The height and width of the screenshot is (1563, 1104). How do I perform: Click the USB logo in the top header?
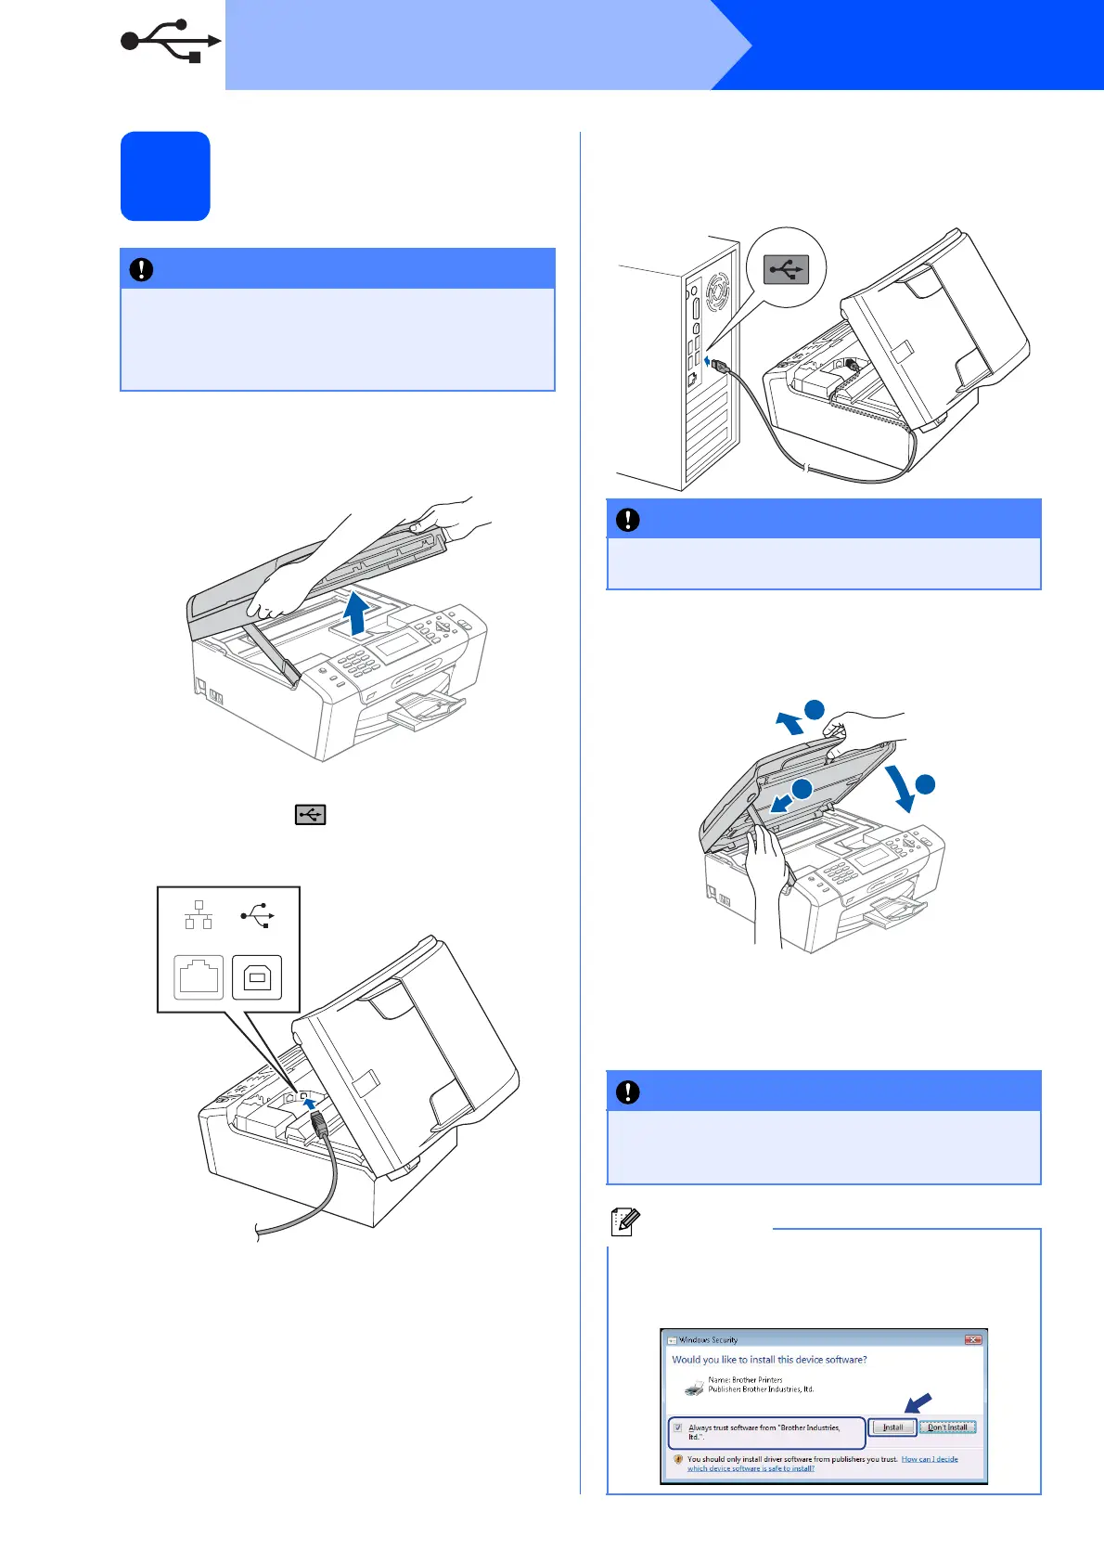[171, 42]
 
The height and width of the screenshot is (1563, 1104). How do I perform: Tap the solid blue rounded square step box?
[165, 176]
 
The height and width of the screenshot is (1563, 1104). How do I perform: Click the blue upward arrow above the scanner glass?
[355, 614]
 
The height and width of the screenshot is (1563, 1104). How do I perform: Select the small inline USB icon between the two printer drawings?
[310, 815]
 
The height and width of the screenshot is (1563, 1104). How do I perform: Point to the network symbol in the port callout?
[199, 915]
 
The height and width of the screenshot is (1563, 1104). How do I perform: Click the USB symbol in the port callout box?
[257, 915]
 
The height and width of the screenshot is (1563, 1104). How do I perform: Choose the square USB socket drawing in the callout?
[257, 977]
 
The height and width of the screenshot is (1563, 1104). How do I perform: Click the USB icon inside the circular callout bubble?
[786, 269]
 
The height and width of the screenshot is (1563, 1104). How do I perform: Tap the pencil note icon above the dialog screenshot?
[624, 1221]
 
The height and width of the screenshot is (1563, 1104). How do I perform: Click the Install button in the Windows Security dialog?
[892, 1427]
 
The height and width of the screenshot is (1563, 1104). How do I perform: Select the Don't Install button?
[947, 1427]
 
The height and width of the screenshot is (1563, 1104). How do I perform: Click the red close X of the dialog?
[972, 1339]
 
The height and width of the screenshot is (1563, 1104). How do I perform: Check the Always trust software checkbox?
[678, 1427]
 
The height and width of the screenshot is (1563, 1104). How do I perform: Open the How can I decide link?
[930, 1459]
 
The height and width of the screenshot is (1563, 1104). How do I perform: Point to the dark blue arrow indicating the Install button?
[918, 1402]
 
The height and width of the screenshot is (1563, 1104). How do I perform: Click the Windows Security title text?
[709, 1340]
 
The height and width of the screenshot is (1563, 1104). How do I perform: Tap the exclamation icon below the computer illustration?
[628, 520]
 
